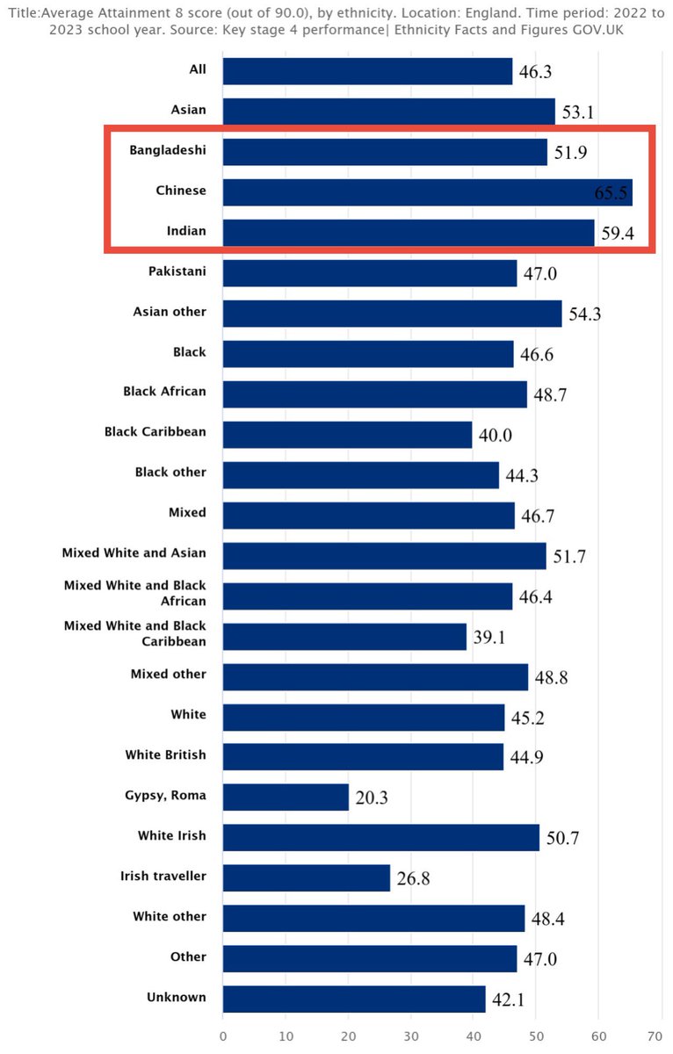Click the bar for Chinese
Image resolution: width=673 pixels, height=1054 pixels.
(x=427, y=192)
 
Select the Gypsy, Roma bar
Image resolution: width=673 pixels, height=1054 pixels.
(x=286, y=797)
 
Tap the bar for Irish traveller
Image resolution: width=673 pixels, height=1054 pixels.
(x=306, y=877)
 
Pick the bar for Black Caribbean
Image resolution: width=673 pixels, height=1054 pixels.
(x=347, y=434)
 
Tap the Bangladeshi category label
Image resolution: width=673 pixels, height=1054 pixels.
(x=168, y=150)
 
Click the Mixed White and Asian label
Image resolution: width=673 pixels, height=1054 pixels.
(x=134, y=552)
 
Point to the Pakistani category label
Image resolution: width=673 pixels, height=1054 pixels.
(x=177, y=271)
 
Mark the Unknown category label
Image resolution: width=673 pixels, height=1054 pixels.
(x=177, y=997)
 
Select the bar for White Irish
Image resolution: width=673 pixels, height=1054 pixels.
(x=380, y=837)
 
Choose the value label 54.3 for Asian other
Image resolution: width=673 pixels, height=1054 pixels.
(x=584, y=314)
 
